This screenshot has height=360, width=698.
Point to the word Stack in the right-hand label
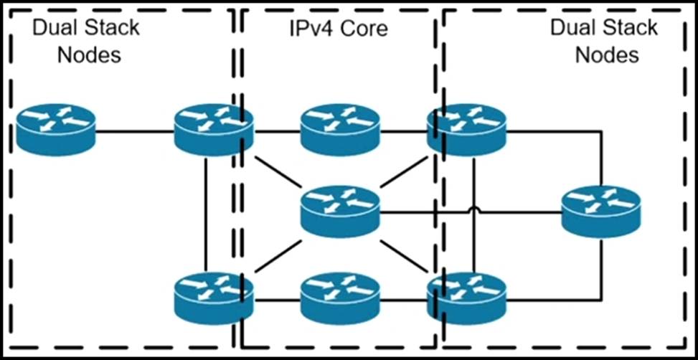coord(629,29)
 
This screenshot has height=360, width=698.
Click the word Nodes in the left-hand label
coord(88,55)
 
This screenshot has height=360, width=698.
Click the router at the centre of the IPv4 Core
coord(339,210)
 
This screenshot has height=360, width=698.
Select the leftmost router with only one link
coord(56,131)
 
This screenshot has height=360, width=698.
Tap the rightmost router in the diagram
coord(600,210)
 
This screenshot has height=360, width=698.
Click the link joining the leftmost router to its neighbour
coord(135,132)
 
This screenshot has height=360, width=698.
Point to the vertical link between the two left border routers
coord(206,215)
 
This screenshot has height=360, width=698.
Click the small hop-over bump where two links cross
coord(474,211)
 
